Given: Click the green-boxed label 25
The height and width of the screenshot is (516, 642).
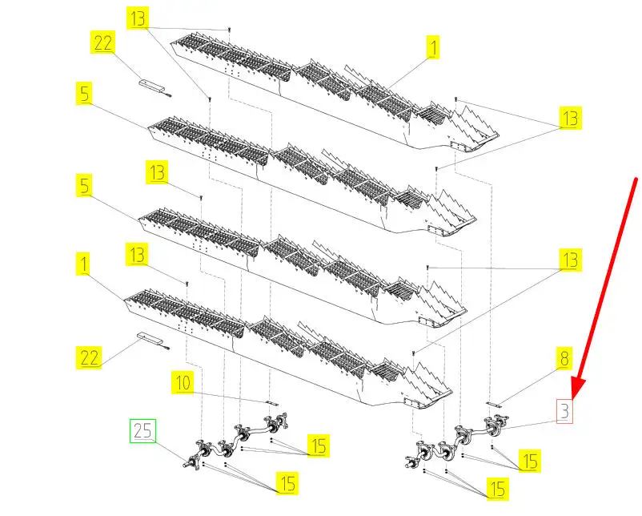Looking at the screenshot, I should coord(143,431).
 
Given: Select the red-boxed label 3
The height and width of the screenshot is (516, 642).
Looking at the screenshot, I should coord(565,412).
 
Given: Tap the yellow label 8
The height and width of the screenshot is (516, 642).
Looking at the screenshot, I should coord(564,358).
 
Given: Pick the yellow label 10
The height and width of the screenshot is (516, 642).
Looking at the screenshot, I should coord(183,384).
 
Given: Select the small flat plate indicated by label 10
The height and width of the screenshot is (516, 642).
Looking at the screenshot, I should coord(272,402).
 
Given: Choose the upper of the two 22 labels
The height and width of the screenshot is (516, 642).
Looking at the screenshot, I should coord(103,42).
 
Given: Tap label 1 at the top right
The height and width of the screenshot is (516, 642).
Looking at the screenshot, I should coord(432,48).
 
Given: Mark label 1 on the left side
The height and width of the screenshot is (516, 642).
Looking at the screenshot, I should coord(84,262).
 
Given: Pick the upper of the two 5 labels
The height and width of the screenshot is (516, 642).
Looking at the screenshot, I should coord(84,93).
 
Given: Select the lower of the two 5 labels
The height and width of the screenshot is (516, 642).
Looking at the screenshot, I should coord(84,187).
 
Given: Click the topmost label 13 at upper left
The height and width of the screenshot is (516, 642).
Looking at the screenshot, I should coord(138,18).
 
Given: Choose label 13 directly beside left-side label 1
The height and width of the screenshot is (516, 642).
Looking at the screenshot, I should coord(138,256).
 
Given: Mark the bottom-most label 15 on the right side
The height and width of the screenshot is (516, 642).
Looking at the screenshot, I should coord(498,487).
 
